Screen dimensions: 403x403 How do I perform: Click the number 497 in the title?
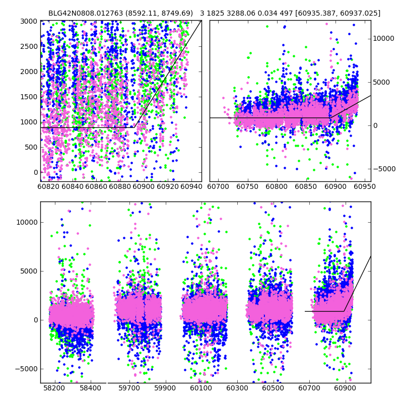point(292,14)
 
